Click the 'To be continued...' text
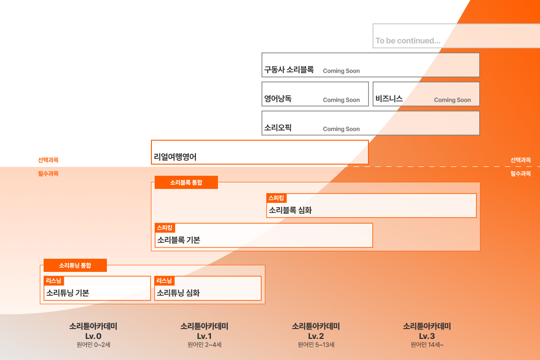[407, 41]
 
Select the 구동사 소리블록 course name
[289, 70]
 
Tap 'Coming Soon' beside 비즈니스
[452, 100]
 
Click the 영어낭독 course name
[277, 99]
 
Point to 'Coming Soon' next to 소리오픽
[341, 129]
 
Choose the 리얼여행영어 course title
[175, 157]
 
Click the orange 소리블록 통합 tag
[186, 183]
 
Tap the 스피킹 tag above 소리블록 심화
[276, 198]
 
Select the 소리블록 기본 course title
[179, 240]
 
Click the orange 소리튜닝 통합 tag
[75, 265]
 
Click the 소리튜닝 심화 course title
[178, 293]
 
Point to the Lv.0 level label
[93, 337]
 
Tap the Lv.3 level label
[427, 337]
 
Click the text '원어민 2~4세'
[204, 345]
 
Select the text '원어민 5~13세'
[316, 345]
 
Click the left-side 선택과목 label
[48, 160]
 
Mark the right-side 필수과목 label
[521, 173]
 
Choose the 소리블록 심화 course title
[290, 210]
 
